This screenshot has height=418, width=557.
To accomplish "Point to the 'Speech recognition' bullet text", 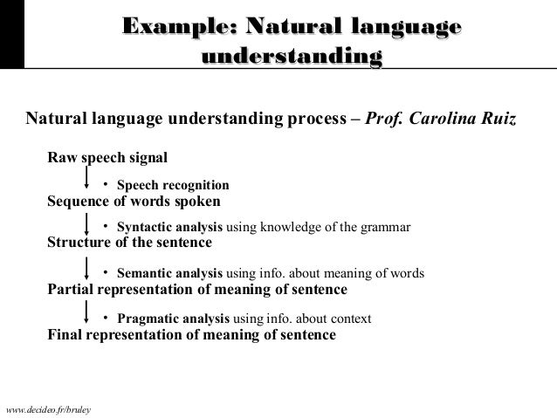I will (173, 185).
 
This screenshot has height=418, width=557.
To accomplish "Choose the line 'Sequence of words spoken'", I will (134, 200).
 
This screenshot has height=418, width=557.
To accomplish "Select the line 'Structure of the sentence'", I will (129, 243).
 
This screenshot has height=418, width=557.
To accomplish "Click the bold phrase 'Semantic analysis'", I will (169, 273).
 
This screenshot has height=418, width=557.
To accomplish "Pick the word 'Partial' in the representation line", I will (71, 289).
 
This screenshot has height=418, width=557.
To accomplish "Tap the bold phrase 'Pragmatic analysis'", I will (172, 319).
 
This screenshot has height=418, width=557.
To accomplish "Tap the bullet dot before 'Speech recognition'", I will (106, 184).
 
